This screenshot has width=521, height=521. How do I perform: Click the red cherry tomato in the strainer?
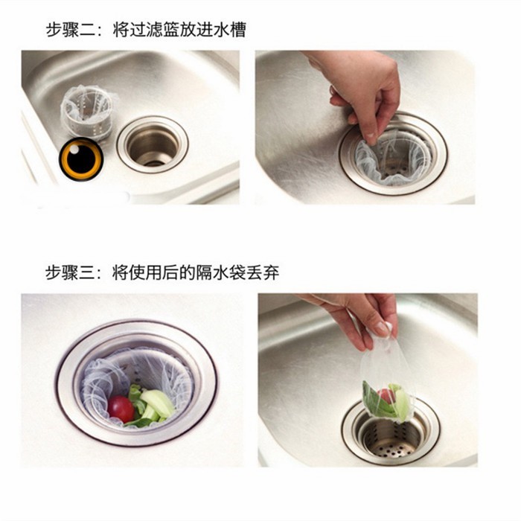tap(121, 409)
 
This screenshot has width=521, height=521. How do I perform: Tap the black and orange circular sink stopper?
tap(81, 159)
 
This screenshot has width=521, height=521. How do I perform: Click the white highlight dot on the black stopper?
tap(74, 149)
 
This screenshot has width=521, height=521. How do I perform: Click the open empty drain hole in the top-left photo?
tap(153, 145)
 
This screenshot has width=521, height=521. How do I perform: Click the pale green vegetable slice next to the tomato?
tap(158, 403)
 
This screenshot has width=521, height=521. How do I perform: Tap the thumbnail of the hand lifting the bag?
tap(368, 380)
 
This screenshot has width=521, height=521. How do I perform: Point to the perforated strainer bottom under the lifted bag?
tap(391, 450)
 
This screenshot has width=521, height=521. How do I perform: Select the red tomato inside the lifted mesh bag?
tap(386, 396)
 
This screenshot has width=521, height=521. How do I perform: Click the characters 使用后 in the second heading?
tap(146, 272)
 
